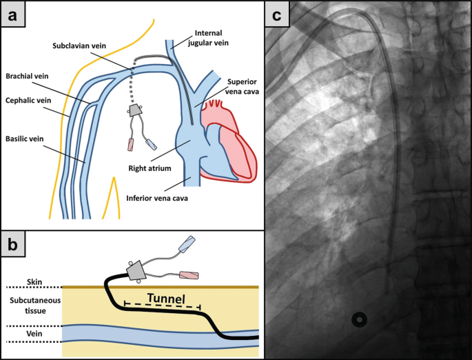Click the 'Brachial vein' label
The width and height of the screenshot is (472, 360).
point(30,76)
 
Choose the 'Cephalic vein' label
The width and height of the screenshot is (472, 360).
point(30,99)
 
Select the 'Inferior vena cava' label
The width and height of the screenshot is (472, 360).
point(157,199)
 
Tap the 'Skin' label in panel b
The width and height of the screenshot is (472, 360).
point(34,281)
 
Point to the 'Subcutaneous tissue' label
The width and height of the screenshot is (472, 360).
point(33,306)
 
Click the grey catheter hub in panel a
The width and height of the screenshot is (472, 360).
point(136,110)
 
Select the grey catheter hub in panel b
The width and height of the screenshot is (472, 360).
point(133,268)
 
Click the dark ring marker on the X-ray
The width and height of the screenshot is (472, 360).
point(360,319)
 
